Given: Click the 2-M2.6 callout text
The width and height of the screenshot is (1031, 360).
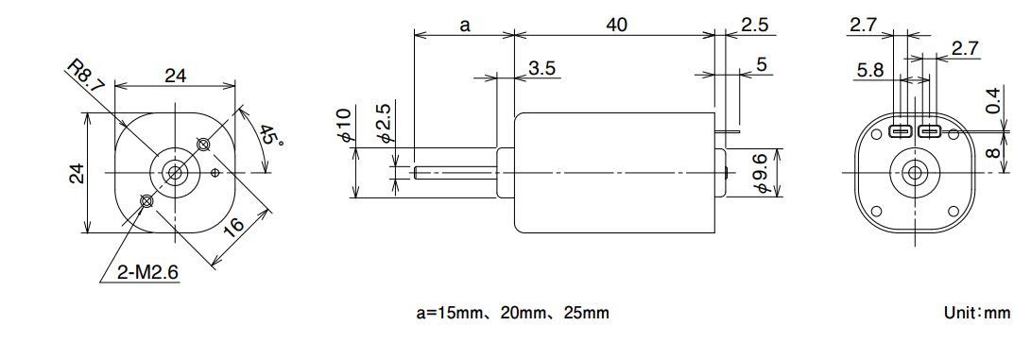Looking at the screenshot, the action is coord(147,272).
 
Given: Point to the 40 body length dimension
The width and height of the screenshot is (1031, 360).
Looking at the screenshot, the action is coord(616,25).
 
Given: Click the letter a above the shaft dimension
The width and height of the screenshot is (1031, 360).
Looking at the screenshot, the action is coord(465,26).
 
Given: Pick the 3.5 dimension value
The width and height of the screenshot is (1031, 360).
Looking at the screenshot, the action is coord(541,68).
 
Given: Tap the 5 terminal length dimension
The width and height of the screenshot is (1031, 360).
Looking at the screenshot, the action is coord(762,64).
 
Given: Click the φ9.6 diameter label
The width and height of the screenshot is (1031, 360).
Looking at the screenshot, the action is coord(762,174).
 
